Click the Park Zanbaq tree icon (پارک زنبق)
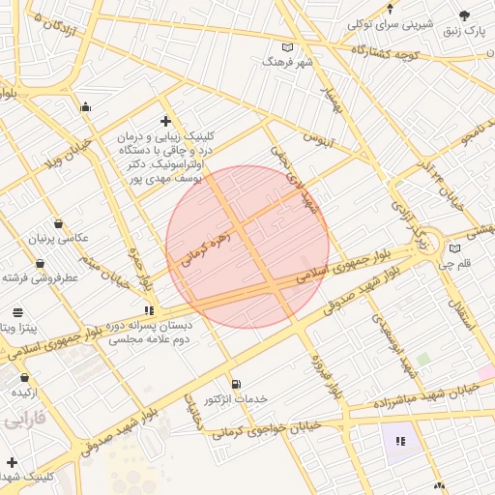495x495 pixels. [464, 15]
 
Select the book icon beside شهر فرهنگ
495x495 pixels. [287, 46]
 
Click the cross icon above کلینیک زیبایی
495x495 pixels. [165, 121]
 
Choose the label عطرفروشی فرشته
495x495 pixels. [40, 277]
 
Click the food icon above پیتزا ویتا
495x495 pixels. [17, 312]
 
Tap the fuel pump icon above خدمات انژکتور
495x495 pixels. [236, 383]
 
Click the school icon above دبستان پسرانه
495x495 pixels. [148, 310]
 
